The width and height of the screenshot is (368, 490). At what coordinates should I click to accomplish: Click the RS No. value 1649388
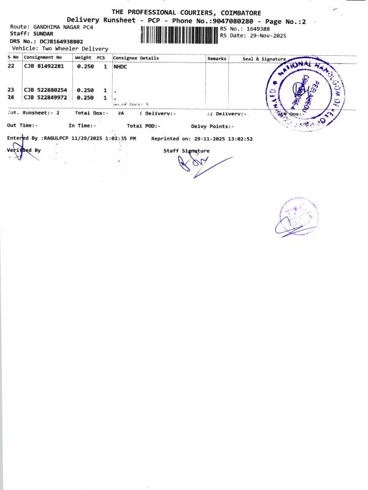[258, 29]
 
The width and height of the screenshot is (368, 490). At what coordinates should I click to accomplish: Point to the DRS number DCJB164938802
[61, 41]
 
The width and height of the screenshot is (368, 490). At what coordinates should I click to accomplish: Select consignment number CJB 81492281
[44, 66]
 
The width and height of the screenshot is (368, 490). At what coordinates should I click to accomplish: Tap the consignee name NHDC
[120, 66]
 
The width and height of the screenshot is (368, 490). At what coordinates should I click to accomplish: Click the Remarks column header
[217, 58]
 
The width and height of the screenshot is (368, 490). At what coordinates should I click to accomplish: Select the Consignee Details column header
[136, 58]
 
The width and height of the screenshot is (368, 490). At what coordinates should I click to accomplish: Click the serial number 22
[11, 66]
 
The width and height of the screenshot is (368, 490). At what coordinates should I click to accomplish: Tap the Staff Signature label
[186, 151]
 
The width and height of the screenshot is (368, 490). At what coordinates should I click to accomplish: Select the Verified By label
[24, 150]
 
